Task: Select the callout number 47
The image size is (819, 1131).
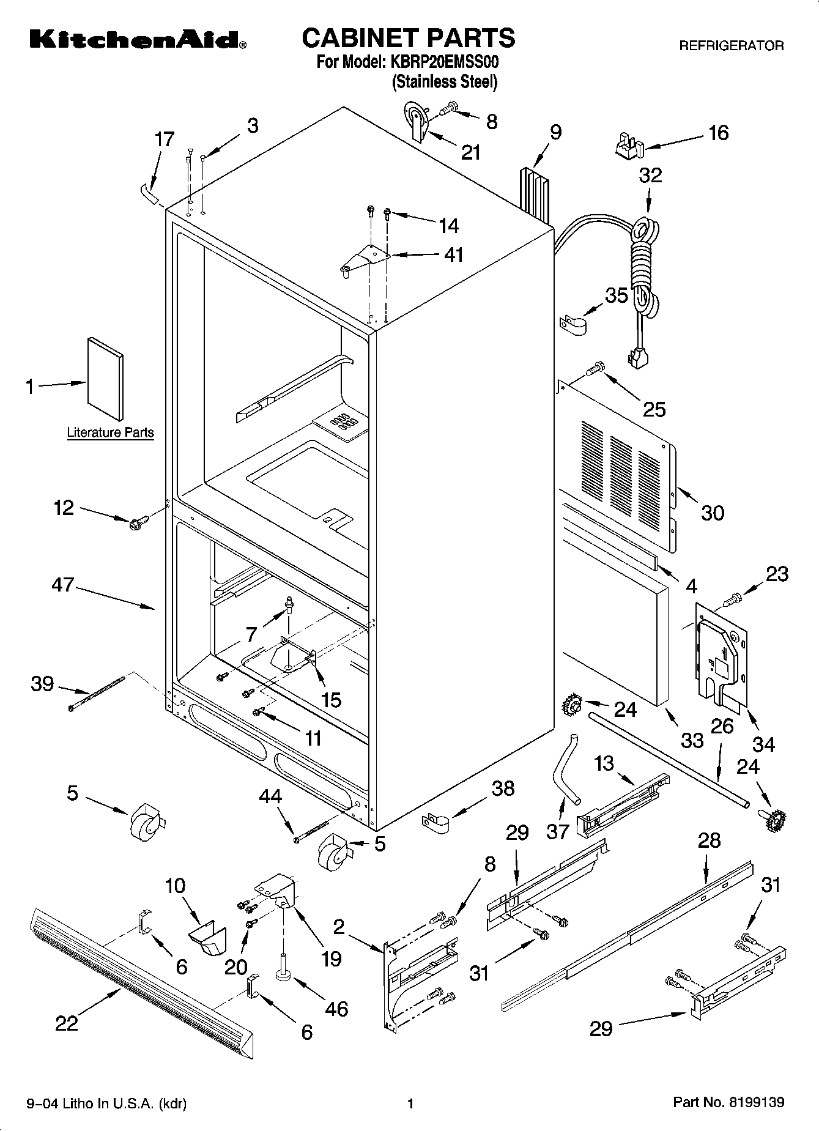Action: [63, 585]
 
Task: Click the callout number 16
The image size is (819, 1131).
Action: [718, 133]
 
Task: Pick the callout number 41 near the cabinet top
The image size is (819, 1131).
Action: [453, 254]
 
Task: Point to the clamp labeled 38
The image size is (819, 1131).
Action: [435, 822]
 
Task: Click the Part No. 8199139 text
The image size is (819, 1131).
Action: [728, 1103]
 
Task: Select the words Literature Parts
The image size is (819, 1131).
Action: [110, 432]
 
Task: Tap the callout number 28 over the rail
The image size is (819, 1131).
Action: [709, 840]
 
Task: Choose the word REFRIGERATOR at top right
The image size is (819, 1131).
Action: [731, 45]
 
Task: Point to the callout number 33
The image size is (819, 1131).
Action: [692, 740]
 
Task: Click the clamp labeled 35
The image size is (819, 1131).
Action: [573, 325]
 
